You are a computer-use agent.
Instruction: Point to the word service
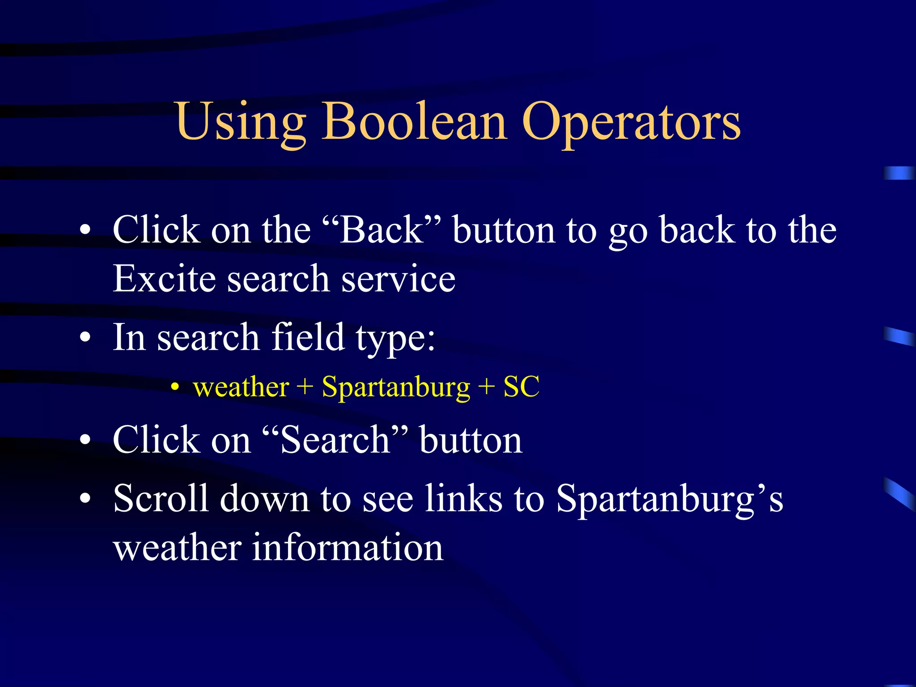click(x=399, y=279)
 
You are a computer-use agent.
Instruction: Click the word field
click(x=308, y=337)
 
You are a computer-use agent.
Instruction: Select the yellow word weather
click(x=241, y=387)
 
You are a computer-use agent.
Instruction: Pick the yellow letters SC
click(x=522, y=387)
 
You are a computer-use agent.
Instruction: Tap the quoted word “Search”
click(x=335, y=440)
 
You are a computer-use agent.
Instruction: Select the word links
click(x=463, y=498)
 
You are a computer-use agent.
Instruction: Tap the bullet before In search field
click(x=85, y=337)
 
